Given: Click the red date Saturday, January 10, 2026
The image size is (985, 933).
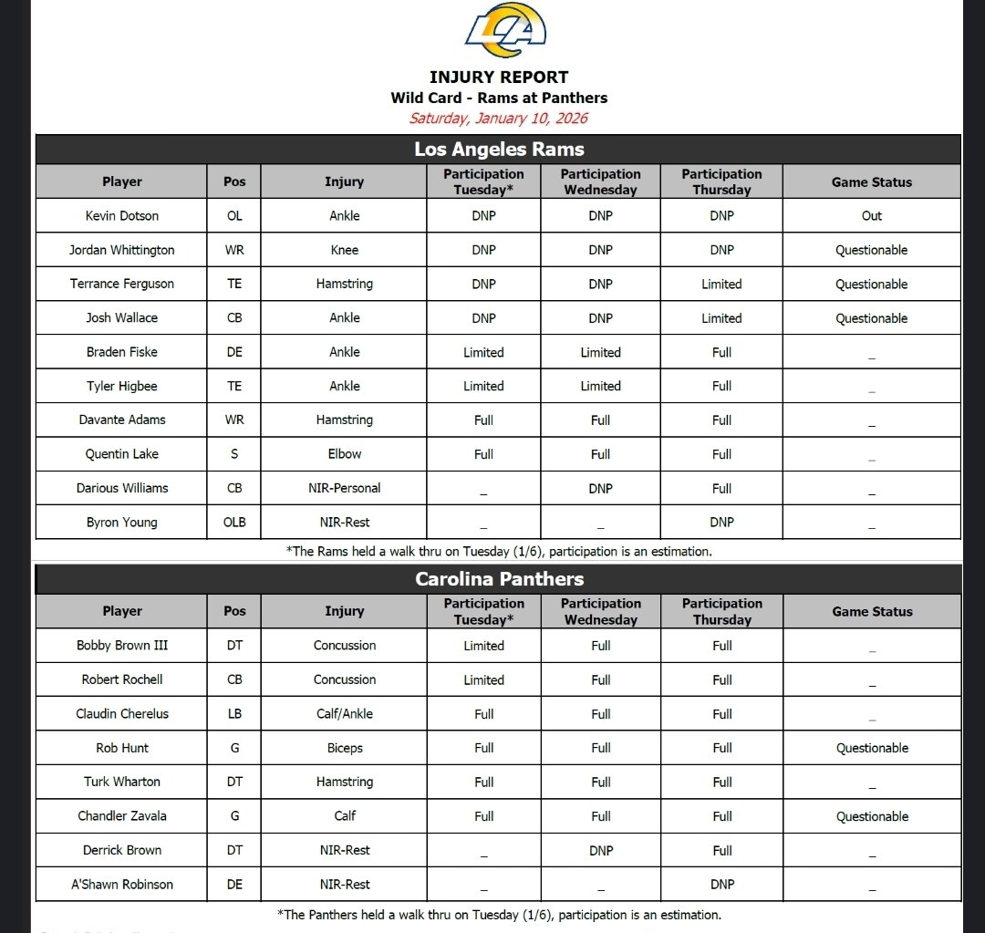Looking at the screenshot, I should (x=499, y=118).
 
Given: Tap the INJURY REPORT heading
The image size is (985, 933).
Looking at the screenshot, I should (x=499, y=78).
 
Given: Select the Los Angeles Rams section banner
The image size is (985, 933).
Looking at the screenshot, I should (x=499, y=150).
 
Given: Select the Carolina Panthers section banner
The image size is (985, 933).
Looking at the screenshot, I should (x=499, y=579).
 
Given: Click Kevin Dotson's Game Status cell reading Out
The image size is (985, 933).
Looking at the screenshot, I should (x=872, y=216).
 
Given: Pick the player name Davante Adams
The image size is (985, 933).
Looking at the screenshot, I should (x=122, y=420).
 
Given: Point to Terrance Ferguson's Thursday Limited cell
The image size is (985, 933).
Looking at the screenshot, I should (x=721, y=285).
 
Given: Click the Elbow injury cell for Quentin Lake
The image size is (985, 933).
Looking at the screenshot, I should (x=345, y=454).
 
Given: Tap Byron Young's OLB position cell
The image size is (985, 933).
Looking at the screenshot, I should (x=234, y=523).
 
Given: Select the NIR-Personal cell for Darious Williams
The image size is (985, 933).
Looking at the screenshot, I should (x=345, y=488).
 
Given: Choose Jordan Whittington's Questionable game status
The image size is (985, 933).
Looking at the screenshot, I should (x=872, y=250).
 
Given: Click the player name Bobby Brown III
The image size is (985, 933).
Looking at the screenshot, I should (x=122, y=646).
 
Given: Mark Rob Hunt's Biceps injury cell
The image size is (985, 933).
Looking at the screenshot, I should (x=345, y=748).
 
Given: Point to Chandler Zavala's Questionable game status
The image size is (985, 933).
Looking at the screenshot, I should (x=872, y=816).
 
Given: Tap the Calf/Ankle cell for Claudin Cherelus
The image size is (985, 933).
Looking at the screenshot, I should (x=345, y=714).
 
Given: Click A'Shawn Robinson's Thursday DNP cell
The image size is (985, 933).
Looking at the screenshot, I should (x=721, y=885).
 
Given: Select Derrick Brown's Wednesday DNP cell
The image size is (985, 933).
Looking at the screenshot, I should (x=600, y=850).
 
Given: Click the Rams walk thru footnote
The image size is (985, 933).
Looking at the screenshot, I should (x=499, y=551).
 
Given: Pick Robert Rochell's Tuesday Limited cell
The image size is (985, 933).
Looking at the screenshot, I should (x=483, y=680).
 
